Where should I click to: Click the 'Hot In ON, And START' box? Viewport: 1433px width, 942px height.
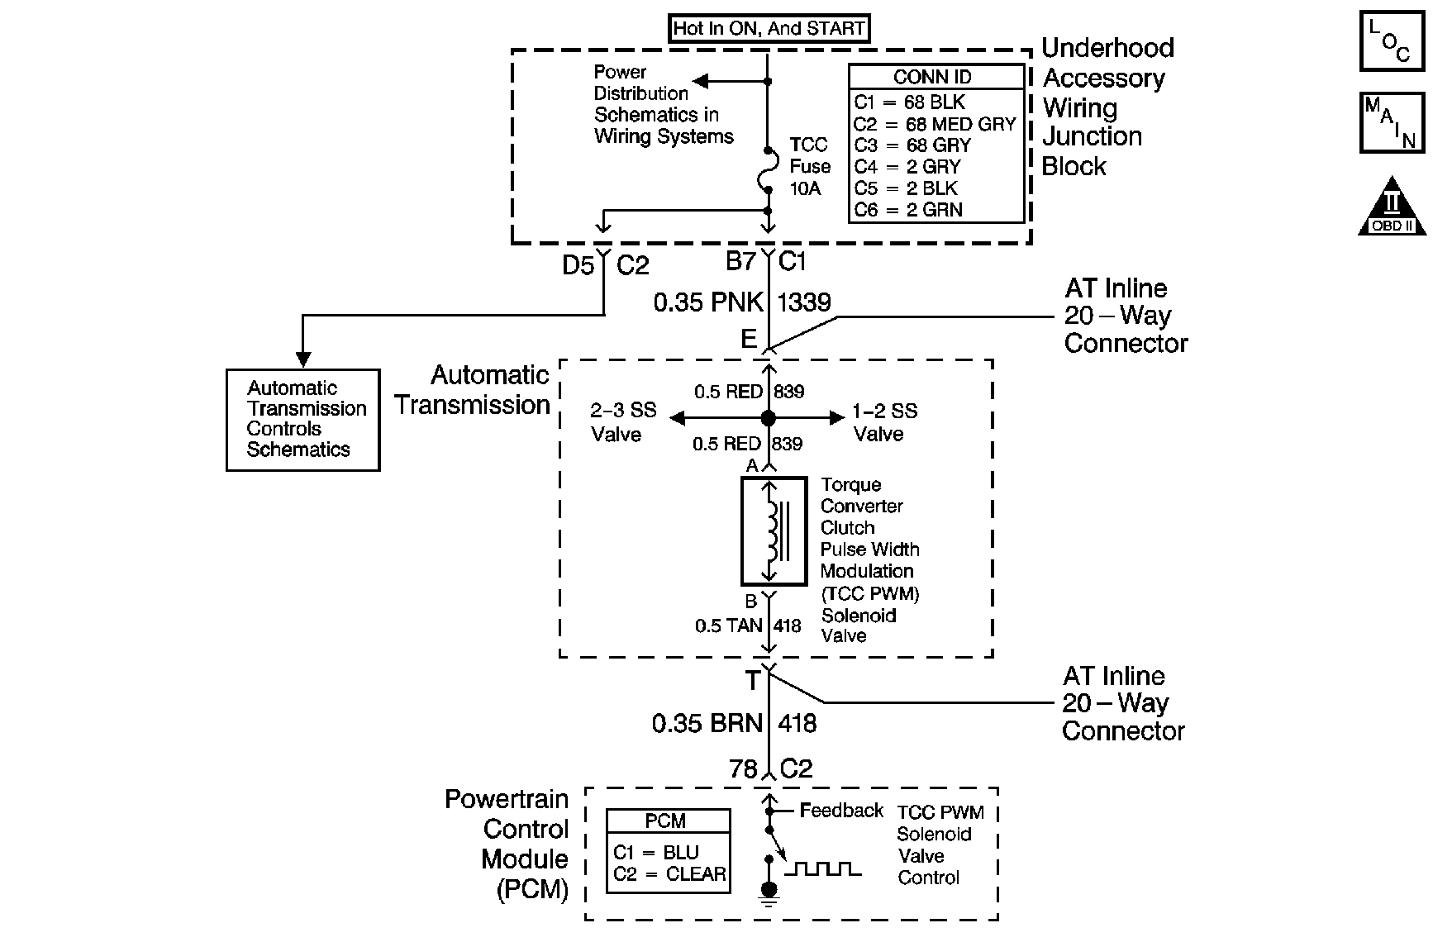[769, 29]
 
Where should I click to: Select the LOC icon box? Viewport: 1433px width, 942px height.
[1391, 40]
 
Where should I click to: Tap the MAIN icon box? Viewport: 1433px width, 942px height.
[1392, 123]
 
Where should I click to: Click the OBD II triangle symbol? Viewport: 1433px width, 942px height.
[1393, 207]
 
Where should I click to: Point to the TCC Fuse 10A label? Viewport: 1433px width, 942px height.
[809, 167]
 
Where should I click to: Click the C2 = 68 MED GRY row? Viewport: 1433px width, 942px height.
[935, 124]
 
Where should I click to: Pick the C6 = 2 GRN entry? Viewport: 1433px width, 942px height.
[908, 210]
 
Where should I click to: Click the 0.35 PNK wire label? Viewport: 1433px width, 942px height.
[708, 302]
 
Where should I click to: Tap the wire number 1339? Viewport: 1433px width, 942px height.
[804, 302]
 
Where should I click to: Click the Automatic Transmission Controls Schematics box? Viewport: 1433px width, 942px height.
[303, 420]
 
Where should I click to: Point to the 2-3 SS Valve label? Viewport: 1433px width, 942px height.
[623, 422]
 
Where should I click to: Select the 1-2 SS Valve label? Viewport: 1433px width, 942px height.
[885, 422]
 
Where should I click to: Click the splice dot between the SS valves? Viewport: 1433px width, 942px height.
[769, 418]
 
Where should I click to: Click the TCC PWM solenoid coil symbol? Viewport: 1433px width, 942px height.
[774, 530]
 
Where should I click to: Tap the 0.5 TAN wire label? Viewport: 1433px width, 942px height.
[728, 626]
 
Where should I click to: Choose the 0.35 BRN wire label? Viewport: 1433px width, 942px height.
[707, 724]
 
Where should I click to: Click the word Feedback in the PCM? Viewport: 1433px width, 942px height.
[842, 811]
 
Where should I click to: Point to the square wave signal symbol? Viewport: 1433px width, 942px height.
[822, 868]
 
